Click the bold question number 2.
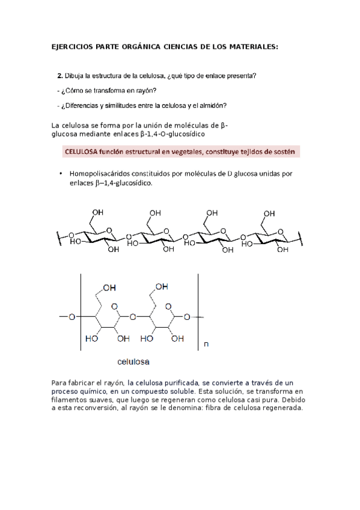point(59,76)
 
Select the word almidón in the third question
point(214,105)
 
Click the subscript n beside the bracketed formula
point(206,345)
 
